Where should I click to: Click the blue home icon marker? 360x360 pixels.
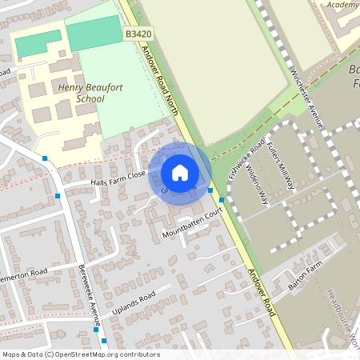pos(180,172)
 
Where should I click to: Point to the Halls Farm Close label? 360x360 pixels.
pos(116,178)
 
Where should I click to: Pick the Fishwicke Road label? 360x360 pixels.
pos(247,158)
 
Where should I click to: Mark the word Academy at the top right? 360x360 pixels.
pos(343,5)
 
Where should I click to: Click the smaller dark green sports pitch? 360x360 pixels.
pos(38,43)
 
